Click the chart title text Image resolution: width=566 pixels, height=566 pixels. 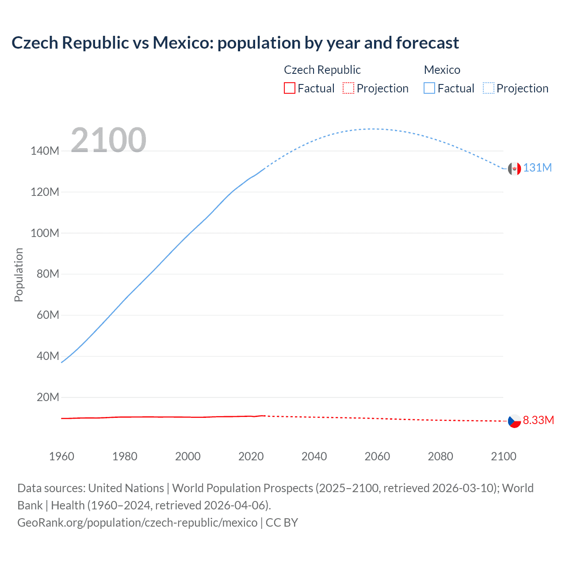(x=235, y=43)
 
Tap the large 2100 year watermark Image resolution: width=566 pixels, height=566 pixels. (x=108, y=140)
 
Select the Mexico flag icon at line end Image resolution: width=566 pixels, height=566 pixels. (x=514, y=168)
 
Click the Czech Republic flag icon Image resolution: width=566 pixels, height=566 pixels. (x=514, y=421)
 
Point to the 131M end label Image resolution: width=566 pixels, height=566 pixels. (x=537, y=168)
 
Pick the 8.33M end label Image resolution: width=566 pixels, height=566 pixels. (x=538, y=420)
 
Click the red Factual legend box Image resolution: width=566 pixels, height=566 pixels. (x=289, y=88)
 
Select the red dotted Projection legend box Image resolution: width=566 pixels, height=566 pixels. (x=348, y=88)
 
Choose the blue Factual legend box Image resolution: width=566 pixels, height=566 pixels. (x=429, y=88)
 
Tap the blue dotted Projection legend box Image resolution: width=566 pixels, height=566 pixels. (x=489, y=88)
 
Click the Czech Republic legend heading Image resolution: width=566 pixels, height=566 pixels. (x=322, y=70)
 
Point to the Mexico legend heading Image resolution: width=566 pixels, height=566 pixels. (x=442, y=70)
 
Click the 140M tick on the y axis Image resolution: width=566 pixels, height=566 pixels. (x=45, y=151)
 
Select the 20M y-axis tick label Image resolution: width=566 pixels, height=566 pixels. (x=48, y=397)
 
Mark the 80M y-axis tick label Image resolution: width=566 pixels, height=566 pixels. (x=48, y=274)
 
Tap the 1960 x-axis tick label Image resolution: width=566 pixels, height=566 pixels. (x=61, y=456)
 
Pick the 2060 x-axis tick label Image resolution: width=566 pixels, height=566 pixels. (x=377, y=456)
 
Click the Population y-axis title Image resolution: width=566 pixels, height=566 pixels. (x=19, y=275)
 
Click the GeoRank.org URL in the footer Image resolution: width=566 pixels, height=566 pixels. (x=137, y=523)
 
